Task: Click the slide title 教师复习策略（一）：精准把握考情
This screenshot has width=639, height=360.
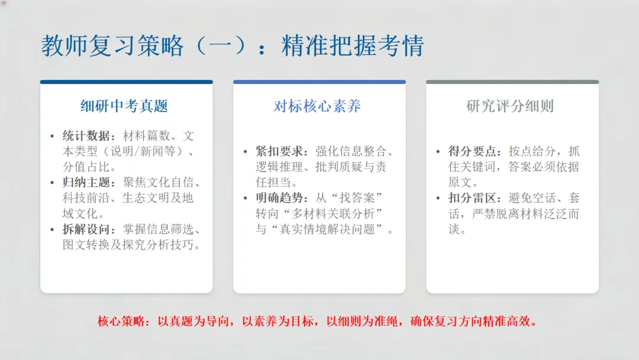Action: coord(232,46)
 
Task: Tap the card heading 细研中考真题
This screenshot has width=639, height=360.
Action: coord(124,107)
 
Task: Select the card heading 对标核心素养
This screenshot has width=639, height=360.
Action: coord(317,107)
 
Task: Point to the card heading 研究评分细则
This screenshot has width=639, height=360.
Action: coord(510,107)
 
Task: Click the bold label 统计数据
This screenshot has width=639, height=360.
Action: coord(82,136)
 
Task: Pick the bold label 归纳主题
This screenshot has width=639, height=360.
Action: coord(82,182)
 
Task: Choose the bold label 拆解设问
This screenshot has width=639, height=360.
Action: coord(82,229)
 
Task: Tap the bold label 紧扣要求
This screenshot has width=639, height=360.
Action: coord(275,152)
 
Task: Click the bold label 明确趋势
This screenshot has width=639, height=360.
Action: coord(275,198)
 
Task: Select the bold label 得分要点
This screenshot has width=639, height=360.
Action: coord(468,152)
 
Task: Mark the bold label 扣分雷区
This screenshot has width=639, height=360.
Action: coord(468,198)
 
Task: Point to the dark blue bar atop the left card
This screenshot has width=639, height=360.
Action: coord(127,82)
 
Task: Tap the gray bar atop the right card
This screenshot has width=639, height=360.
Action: coord(512,82)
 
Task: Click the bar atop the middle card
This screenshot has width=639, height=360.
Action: coord(319,82)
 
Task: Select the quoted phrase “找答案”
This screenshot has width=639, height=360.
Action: coord(362,198)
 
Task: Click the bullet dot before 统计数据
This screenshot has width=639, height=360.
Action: coord(53,137)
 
